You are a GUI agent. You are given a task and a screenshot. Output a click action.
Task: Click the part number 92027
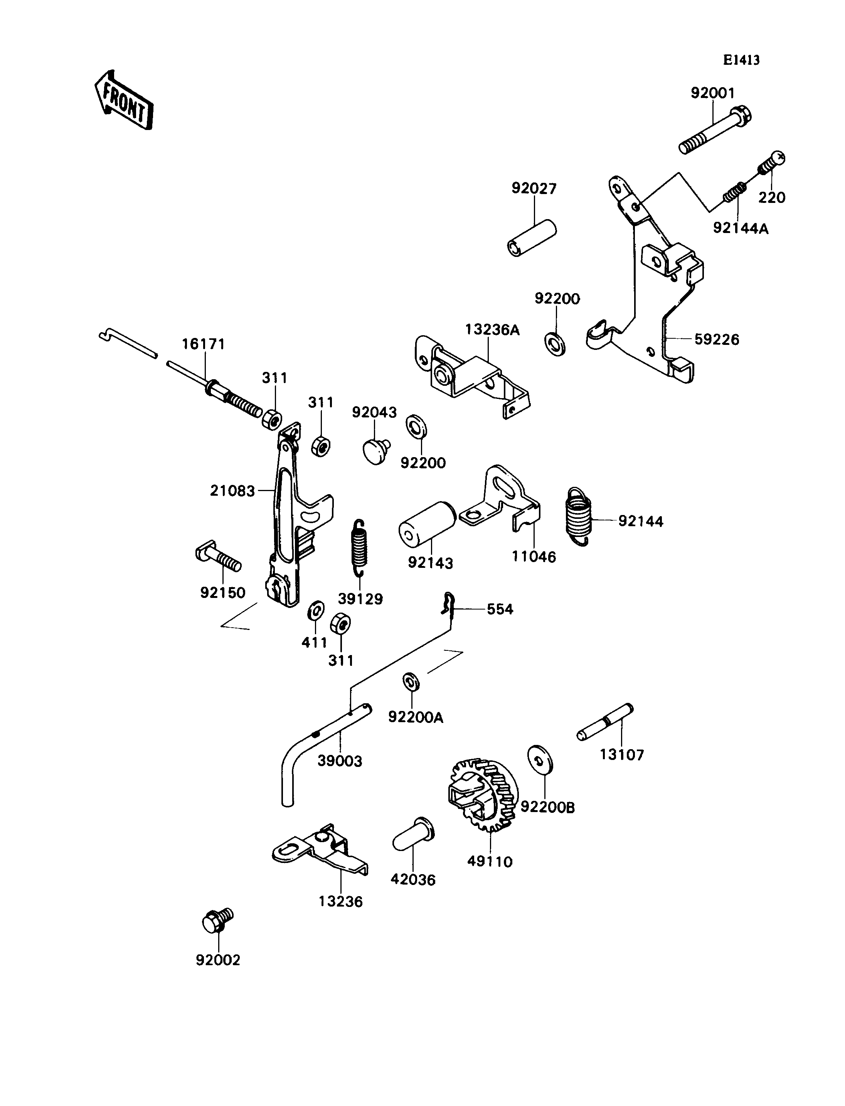click(x=534, y=188)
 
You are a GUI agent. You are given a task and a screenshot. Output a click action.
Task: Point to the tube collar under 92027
click(x=532, y=238)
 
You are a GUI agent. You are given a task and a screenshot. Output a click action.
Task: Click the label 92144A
click(x=741, y=228)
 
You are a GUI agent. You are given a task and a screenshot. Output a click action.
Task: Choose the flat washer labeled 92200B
click(x=540, y=760)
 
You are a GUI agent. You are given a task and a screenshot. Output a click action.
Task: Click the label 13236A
click(x=492, y=330)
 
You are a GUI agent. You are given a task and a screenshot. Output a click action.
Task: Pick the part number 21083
click(x=232, y=491)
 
